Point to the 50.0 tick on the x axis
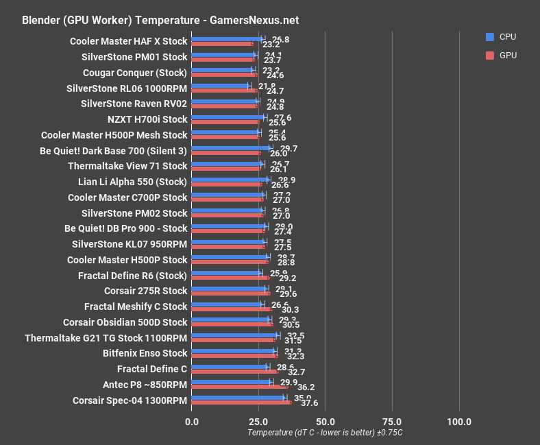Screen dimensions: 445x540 point(325,421)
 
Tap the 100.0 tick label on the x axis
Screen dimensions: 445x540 point(458,421)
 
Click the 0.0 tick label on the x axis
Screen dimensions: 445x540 point(192,421)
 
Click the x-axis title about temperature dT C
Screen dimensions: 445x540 point(325,433)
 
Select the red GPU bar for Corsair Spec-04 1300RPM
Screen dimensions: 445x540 point(241,402)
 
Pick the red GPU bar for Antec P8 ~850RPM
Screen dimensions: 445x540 point(240,387)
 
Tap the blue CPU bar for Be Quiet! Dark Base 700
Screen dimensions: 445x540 point(231,147)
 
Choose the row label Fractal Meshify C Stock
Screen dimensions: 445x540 point(136,306)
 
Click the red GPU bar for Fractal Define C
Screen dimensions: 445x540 point(235,371)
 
